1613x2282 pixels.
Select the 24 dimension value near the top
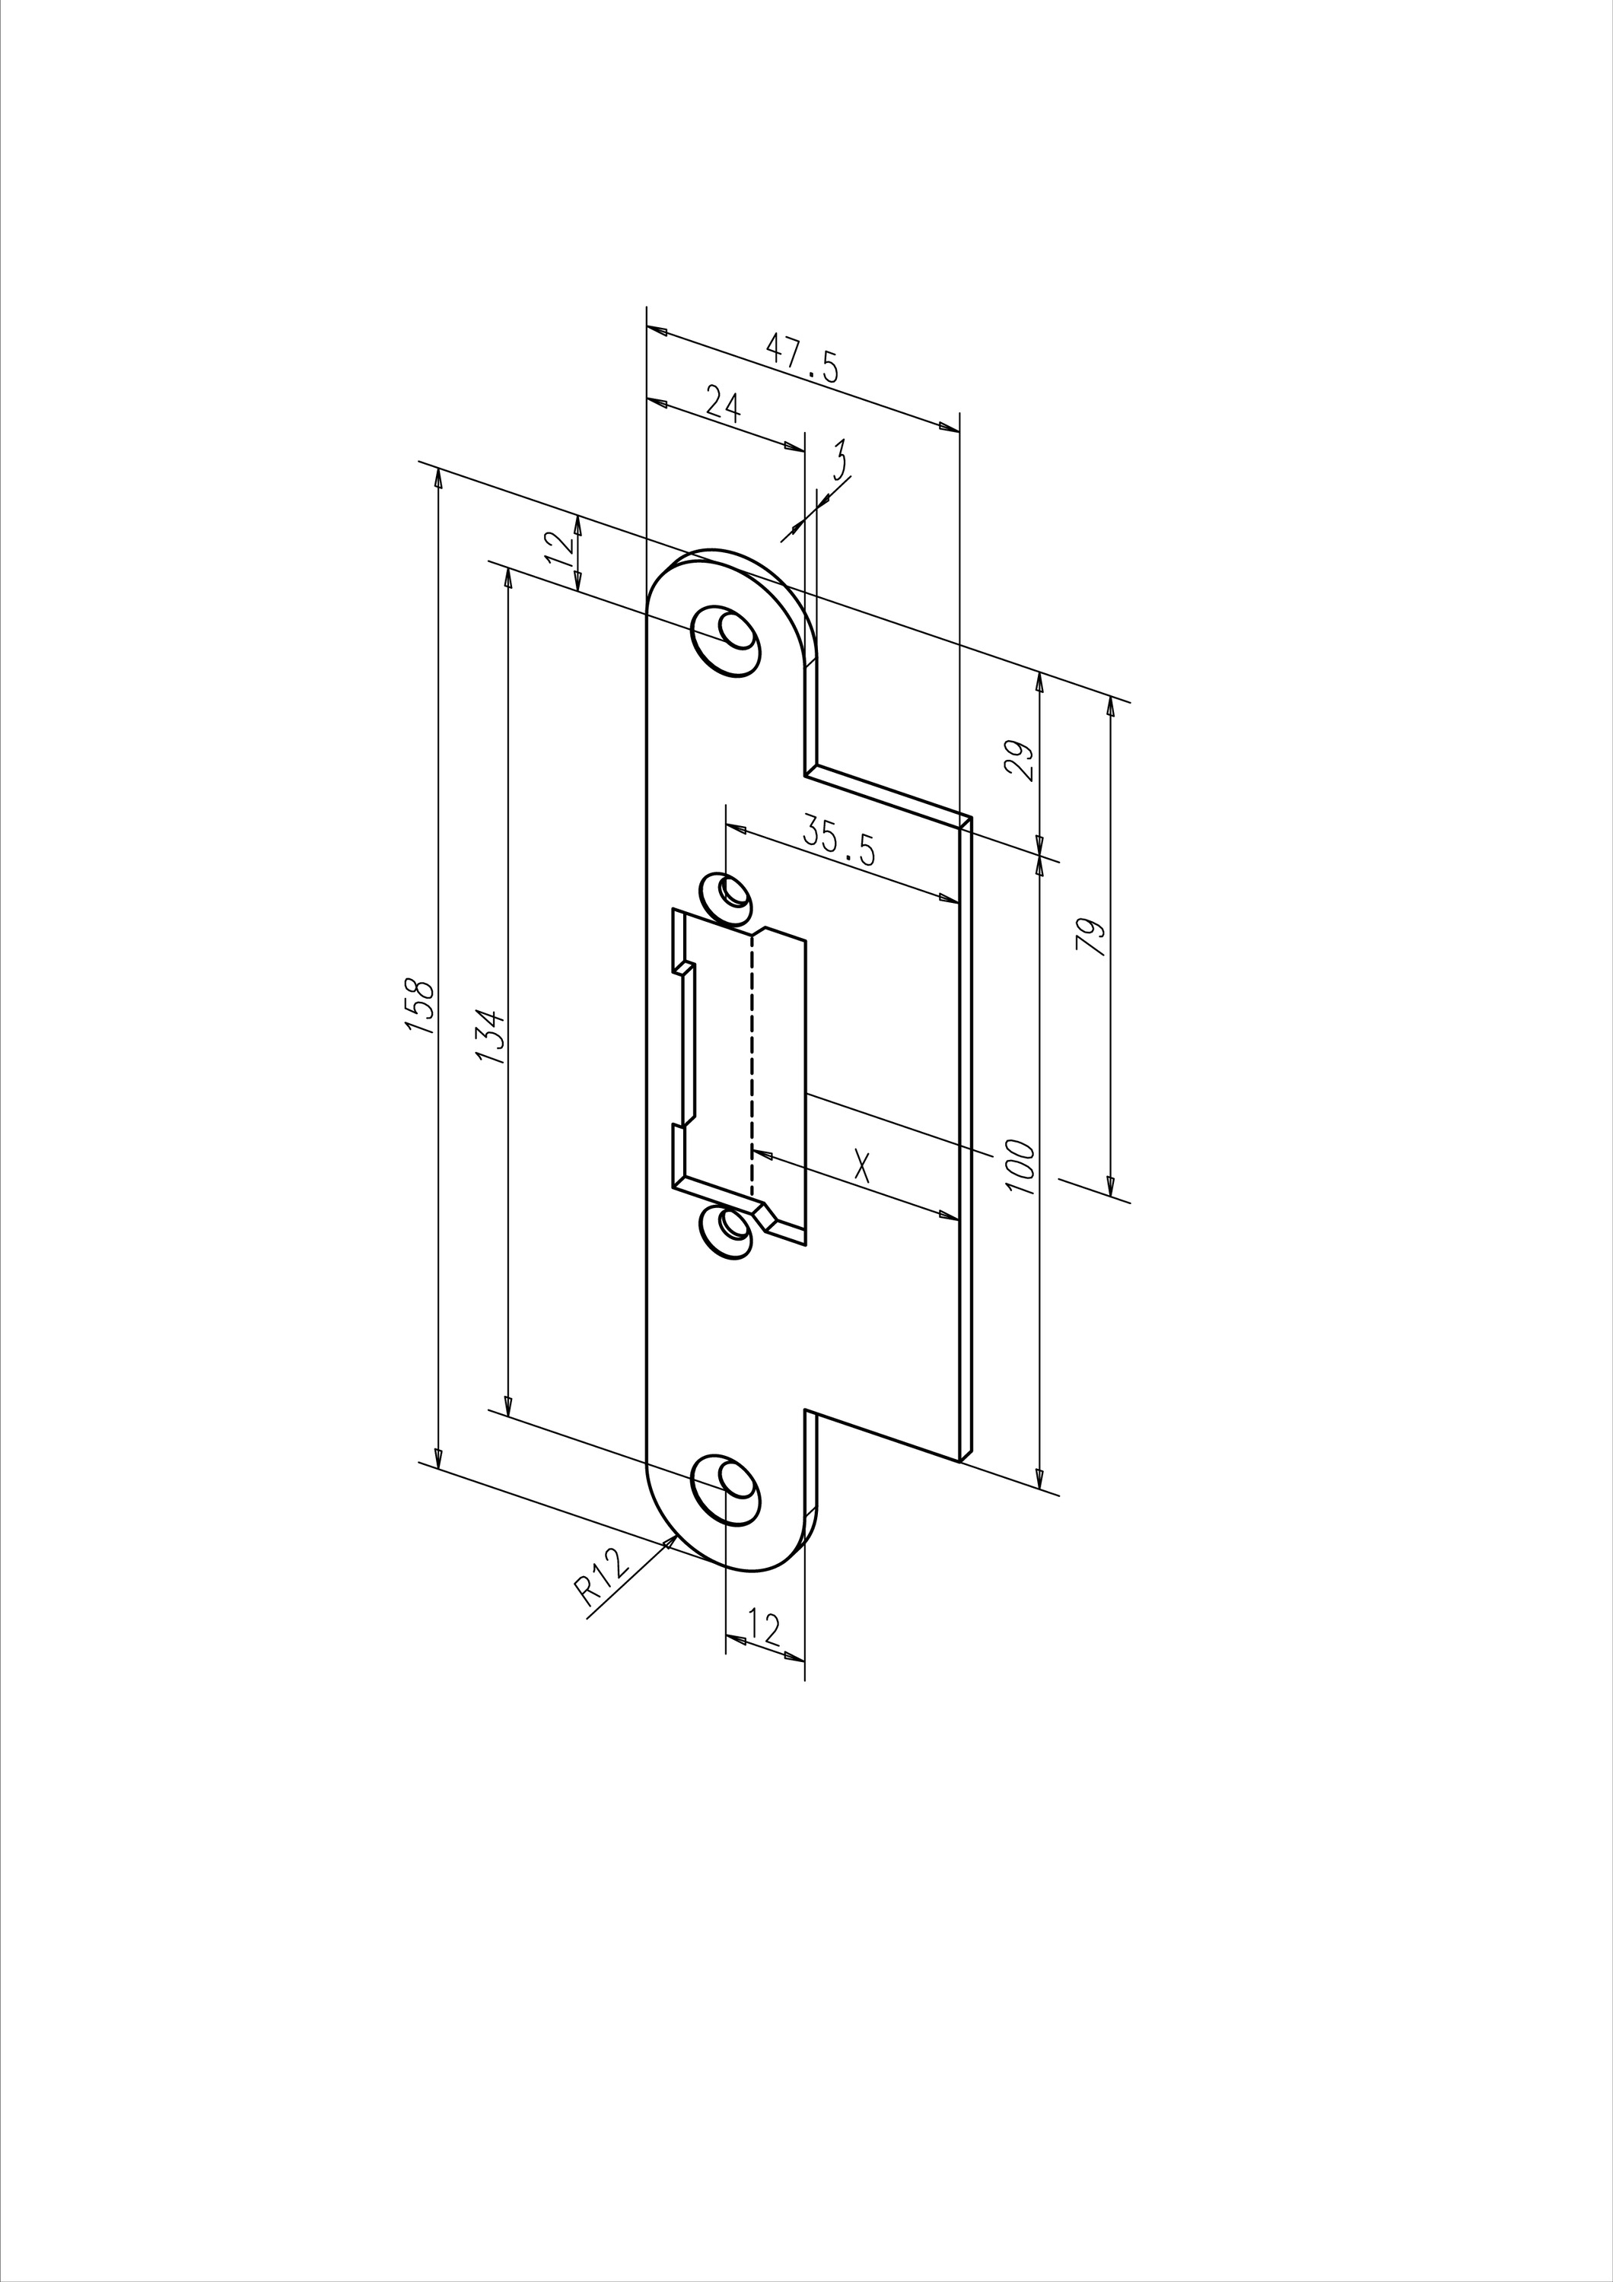[x=724, y=403]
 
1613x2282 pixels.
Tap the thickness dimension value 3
[x=840, y=459]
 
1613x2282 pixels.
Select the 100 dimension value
[x=1020, y=1168]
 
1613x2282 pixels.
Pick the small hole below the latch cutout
[x=727, y=1232]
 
